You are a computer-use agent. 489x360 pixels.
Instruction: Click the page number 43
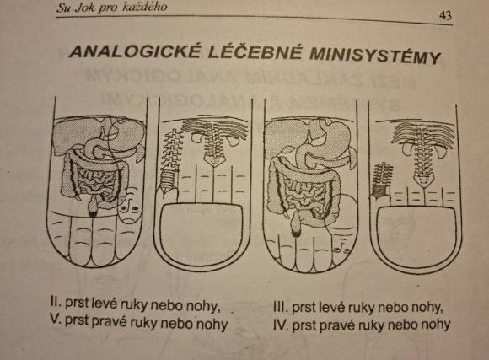tap(445, 15)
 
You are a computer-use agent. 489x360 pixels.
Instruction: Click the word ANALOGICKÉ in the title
tap(134, 51)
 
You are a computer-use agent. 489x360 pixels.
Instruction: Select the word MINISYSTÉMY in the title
tap(375, 56)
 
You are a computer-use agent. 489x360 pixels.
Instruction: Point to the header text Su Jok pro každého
tap(111, 7)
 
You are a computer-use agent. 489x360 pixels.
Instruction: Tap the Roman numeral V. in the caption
tap(56, 319)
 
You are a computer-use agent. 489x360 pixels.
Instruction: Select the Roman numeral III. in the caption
tap(281, 307)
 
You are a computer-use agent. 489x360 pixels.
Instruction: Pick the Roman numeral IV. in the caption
tap(281, 325)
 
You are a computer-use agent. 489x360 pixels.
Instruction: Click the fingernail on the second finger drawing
tap(202, 229)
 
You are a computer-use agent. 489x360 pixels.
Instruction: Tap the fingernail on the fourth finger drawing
tap(416, 234)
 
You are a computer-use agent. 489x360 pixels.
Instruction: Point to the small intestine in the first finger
tap(94, 182)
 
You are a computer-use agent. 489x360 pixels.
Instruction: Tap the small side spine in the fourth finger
tap(381, 181)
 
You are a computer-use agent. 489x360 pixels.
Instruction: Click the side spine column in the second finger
tap(170, 160)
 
